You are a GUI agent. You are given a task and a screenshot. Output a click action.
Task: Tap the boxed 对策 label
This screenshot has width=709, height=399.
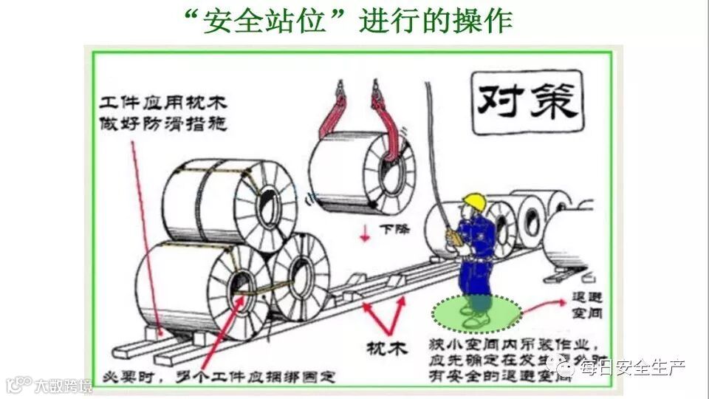[527, 101]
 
